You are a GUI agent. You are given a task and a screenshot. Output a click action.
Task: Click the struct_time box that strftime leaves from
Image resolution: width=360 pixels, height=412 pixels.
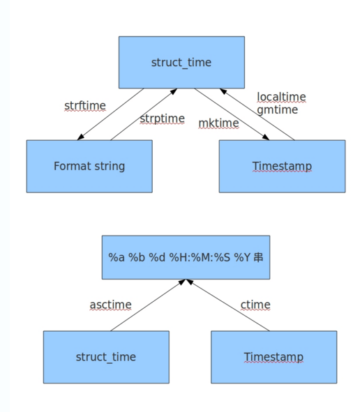(x=181, y=63)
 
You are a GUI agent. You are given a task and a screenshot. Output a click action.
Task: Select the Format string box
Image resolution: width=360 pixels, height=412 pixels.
(x=89, y=166)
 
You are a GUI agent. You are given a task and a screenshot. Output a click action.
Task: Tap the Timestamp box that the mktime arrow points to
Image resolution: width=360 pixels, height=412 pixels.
(x=282, y=166)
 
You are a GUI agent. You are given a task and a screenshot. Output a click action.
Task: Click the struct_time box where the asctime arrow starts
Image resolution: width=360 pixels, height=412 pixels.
(x=106, y=357)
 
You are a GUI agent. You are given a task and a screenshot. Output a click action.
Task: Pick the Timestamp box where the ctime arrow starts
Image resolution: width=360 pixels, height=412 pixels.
(x=273, y=357)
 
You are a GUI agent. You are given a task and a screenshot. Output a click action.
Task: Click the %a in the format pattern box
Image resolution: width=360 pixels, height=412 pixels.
(x=115, y=257)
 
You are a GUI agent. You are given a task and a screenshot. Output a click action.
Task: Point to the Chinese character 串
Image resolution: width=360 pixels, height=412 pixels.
(x=258, y=257)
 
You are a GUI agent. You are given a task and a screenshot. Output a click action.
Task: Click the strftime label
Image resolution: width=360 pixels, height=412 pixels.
(x=85, y=106)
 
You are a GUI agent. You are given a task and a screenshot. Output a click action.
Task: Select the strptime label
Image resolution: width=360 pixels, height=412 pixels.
(x=162, y=119)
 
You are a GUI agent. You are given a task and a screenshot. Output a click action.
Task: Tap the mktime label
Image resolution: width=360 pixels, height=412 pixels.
(x=218, y=123)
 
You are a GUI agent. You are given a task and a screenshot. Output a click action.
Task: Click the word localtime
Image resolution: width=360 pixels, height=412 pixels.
(x=281, y=97)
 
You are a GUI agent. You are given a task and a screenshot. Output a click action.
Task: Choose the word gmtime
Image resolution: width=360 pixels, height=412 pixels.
(x=277, y=109)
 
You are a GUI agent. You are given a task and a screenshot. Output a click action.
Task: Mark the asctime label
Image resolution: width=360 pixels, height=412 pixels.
(x=110, y=305)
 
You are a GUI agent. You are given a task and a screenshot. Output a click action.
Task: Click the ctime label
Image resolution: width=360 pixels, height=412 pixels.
(x=255, y=305)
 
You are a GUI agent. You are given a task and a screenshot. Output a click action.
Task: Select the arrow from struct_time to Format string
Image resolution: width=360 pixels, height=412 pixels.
(x=112, y=113)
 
